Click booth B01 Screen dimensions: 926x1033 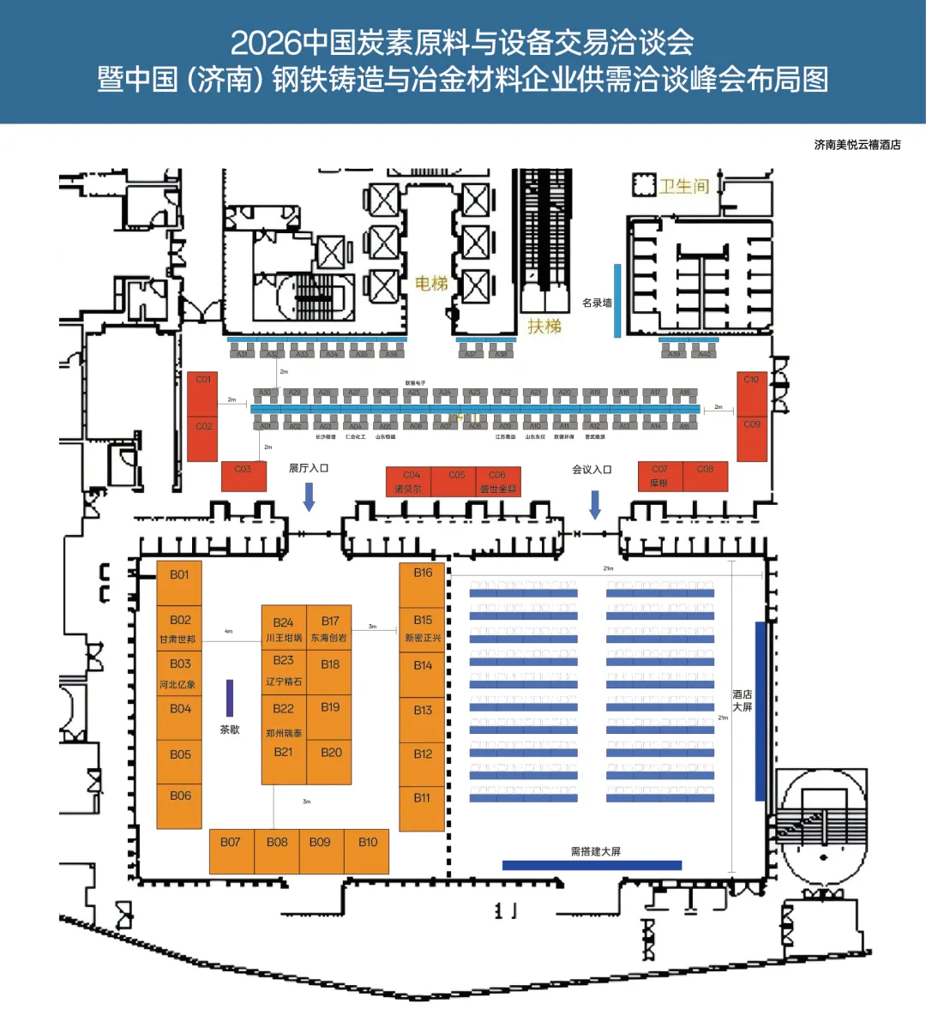pos(179,583)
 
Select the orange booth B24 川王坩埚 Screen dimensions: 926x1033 pos(284,628)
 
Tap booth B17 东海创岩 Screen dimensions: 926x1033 pos(330,628)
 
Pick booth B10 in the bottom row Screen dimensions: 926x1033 pos(367,850)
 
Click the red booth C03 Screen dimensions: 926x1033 pos(244,477)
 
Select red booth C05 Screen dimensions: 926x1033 pos(457,481)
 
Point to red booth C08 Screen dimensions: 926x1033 pos(705,476)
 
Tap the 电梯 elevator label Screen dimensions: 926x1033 pos(431,284)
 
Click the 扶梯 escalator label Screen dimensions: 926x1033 pos(544,327)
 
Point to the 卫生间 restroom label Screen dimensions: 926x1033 pos(683,186)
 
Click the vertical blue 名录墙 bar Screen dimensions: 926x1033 pos(617,300)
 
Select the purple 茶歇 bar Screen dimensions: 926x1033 pos(230,698)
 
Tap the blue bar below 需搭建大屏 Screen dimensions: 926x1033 pos(592,866)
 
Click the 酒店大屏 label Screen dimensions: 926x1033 pos(743,700)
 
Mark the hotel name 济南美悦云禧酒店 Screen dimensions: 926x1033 pos(857,145)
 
